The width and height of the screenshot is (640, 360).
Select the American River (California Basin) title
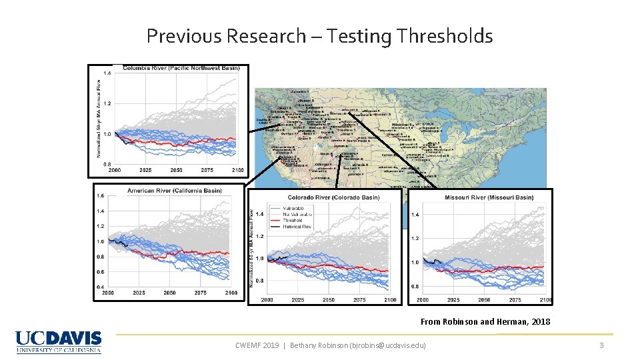175,191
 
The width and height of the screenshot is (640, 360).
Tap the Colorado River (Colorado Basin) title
333,197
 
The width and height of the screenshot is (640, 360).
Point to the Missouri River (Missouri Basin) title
489,197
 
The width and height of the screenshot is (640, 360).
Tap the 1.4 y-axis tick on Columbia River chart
107,73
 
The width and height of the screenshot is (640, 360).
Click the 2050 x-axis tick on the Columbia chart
176,171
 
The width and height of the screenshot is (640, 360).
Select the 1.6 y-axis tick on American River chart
101,196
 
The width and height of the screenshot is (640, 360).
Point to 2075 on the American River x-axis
201,293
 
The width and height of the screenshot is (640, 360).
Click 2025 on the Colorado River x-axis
297,300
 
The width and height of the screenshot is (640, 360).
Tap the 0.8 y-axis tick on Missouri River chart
415,287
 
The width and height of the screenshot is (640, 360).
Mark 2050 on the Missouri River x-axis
485,300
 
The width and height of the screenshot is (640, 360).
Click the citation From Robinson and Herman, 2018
485,322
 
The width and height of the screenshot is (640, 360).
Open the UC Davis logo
59,341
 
